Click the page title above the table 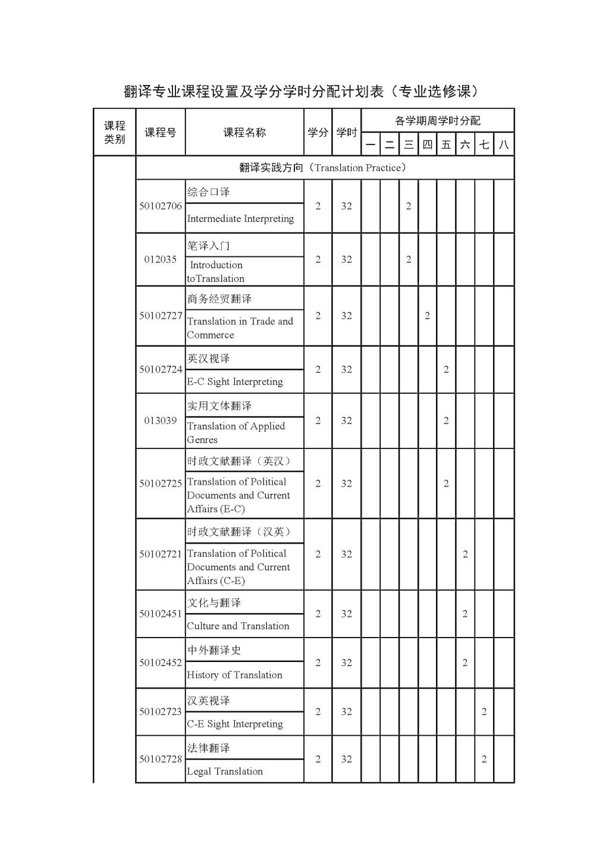302,91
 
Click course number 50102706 161,206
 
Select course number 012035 161,259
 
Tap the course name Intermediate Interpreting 240,219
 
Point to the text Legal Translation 225,771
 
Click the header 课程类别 115,132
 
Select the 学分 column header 318,132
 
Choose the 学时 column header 346,132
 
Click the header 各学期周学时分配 437,121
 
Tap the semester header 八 504,145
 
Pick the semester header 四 427,145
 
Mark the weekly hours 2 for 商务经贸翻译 427,316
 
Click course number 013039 161,420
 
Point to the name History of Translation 234,675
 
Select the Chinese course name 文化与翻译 214,603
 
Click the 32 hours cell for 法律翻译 346,759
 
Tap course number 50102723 161,711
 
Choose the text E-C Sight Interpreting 235,382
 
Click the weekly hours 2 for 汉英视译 484,711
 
